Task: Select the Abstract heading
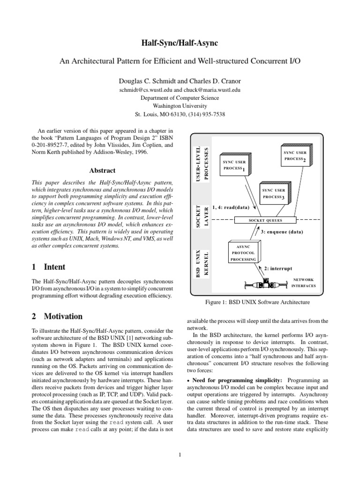102,171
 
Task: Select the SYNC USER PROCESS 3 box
274,194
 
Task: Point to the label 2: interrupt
278,269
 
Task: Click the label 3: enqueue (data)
282,232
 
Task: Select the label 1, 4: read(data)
230,207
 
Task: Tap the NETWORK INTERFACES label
303,282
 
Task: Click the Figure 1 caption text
255,302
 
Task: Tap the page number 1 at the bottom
180,454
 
